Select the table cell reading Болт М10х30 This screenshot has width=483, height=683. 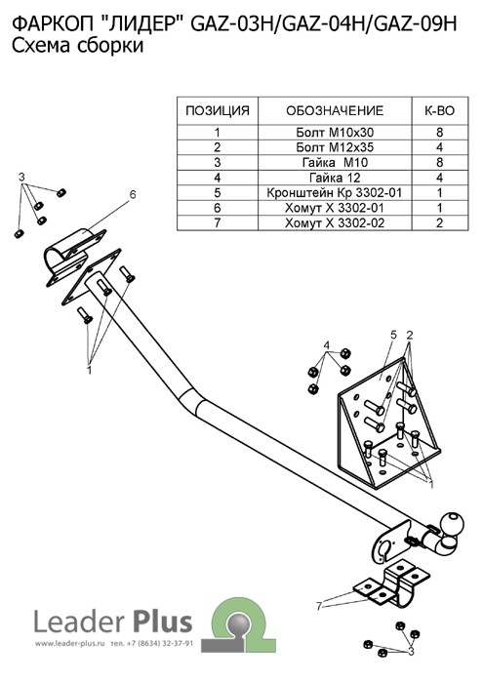335,133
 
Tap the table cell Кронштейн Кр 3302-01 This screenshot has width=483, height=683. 335,192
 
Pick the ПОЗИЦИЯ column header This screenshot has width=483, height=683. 218,110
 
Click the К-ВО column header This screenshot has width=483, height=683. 439,110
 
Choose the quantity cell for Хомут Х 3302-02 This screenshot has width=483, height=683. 439,223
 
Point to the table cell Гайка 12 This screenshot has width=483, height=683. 335,178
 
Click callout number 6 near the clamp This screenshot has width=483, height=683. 133,194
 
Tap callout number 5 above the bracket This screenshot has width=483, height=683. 393,335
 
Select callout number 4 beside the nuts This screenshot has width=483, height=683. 327,345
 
